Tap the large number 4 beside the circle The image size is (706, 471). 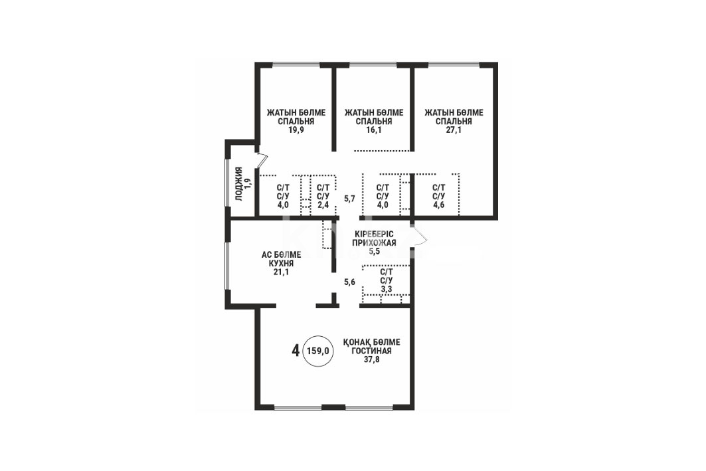pyautogui.click(x=296, y=350)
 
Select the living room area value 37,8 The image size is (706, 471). pyautogui.click(x=371, y=360)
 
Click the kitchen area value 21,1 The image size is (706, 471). pyautogui.click(x=282, y=272)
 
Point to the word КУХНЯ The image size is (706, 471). pyautogui.click(x=281, y=264)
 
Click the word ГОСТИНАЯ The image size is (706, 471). pyautogui.click(x=371, y=351)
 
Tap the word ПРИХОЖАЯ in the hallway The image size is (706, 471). pyautogui.click(x=374, y=242)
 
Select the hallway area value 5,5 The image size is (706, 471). pyautogui.click(x=374, y=251)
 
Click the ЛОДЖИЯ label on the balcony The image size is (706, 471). pyautogui.click(x=238, y=184)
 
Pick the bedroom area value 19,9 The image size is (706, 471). pyautogui.click(x=296, y=130)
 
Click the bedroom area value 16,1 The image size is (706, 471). pyautogui.click(x=374, y=130)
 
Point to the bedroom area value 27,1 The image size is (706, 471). pyautogui.click(x=454, y=130)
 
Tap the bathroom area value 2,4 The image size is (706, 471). pyautogui.click(x=323, y=205)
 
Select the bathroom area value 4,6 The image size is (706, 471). pyautogui.click(x=438, y=205)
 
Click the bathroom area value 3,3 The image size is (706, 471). pyautogui.click(x=387, y=289)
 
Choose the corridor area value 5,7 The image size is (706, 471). pyautogui.click(x=350, y=198)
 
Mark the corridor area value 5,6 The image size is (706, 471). pyautogui.click(x=350, y=282)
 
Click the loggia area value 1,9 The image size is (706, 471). pyautogui.click(x=247, y=184)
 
